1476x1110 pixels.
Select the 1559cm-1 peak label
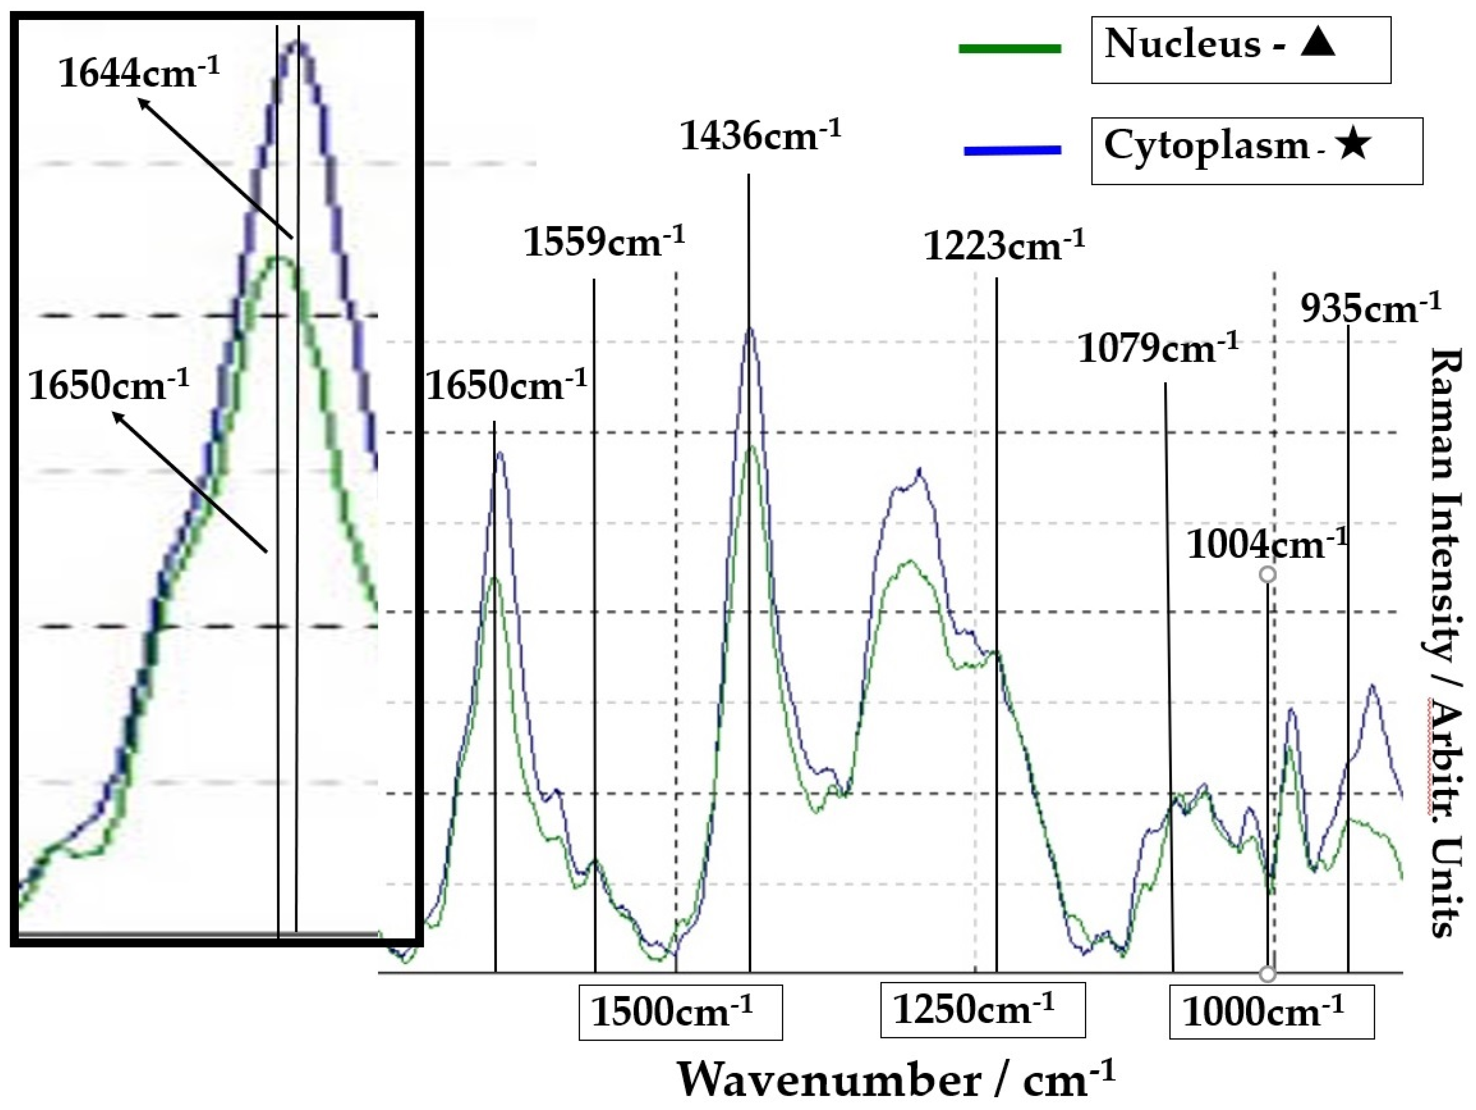[604, 242]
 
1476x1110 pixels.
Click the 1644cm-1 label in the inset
[139, 73]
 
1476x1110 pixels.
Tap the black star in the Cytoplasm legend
[1353, 145]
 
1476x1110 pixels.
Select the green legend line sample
[1010, 48]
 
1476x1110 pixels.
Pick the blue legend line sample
[1012, 151]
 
